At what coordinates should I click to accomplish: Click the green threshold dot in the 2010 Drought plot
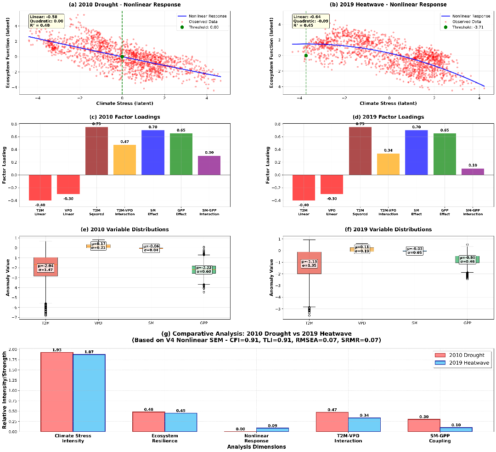click(122, 57)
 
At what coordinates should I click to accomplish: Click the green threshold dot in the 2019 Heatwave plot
click(306, 55)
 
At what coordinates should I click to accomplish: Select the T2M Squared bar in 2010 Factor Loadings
click(96, 151)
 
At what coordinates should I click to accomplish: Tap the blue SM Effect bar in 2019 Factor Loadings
click(416, 152)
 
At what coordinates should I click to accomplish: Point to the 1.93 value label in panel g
click(56, 350)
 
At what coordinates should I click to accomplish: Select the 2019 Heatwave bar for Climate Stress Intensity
click(89, 393)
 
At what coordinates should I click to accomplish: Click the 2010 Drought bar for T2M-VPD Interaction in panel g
click(332, 422)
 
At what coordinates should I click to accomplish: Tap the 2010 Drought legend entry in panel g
click(461, 355)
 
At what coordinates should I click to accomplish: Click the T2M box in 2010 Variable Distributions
click(45, 267)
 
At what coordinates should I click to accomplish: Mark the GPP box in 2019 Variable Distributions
click(468, 259)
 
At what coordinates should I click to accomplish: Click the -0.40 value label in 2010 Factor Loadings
click(40, 205)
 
